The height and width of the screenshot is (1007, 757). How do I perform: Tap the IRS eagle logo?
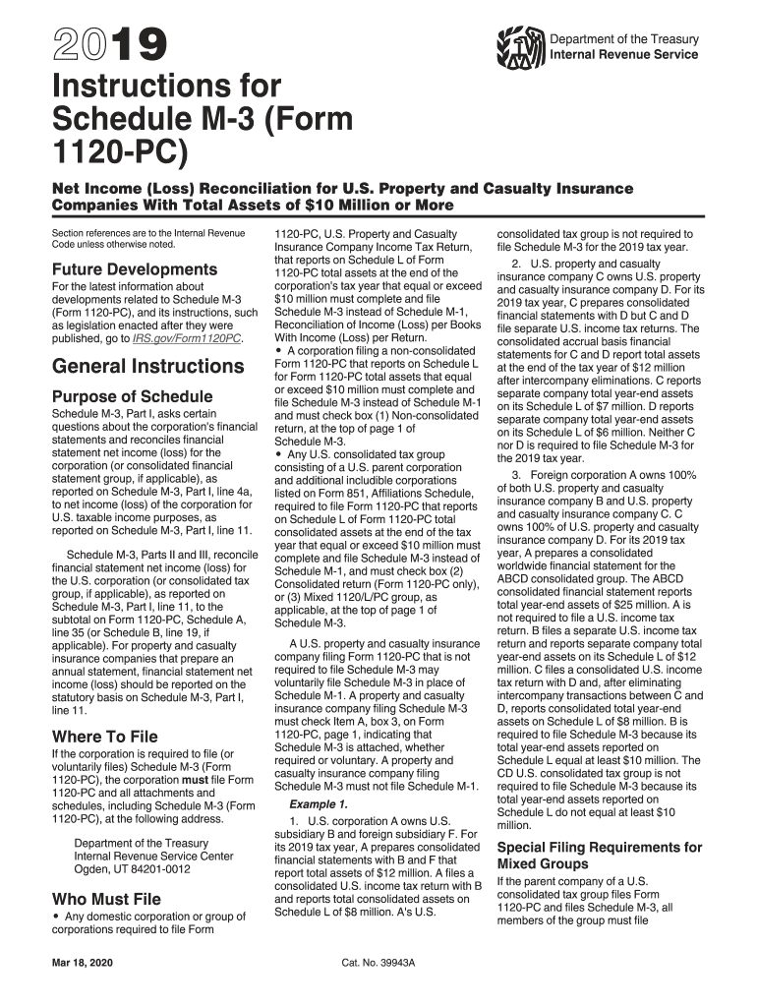pyautogui.click(x=519, y=46)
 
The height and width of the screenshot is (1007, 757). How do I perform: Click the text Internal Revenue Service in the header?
pyautogui.click(x=623, y=54)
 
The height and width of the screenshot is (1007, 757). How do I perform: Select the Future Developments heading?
pyautogui.click(x=134, y=268)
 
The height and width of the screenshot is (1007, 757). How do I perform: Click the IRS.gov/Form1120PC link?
pyautogui.click(x=186, y=338)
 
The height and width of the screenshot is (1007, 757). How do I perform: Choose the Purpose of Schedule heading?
pyautogui.click(x=132, y=396)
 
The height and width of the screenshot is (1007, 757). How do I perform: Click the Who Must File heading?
pyautogui.click(x=105, y=898)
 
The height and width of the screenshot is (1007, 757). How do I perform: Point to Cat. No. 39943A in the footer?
pyautogui.click(x=378, y=961)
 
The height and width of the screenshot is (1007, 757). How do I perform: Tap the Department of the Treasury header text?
pyautogui.click(x=623, y=39)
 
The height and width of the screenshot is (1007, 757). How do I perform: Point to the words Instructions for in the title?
pyautogui.click(x=166, y=86)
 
